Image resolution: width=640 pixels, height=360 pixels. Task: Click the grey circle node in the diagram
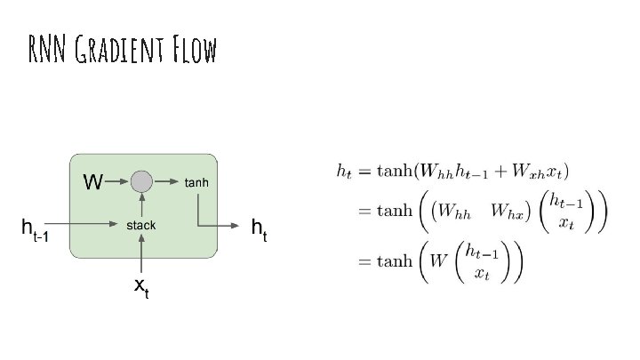pos(141,182)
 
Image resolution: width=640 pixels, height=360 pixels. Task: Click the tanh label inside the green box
pos(196,183)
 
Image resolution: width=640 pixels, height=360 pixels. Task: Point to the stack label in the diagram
pos(140,225)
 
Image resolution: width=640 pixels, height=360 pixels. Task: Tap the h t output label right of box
pos(260,229)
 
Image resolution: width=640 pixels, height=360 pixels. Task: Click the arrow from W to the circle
pos(116,182)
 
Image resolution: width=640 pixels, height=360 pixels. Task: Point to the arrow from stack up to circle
pos(141,205)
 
